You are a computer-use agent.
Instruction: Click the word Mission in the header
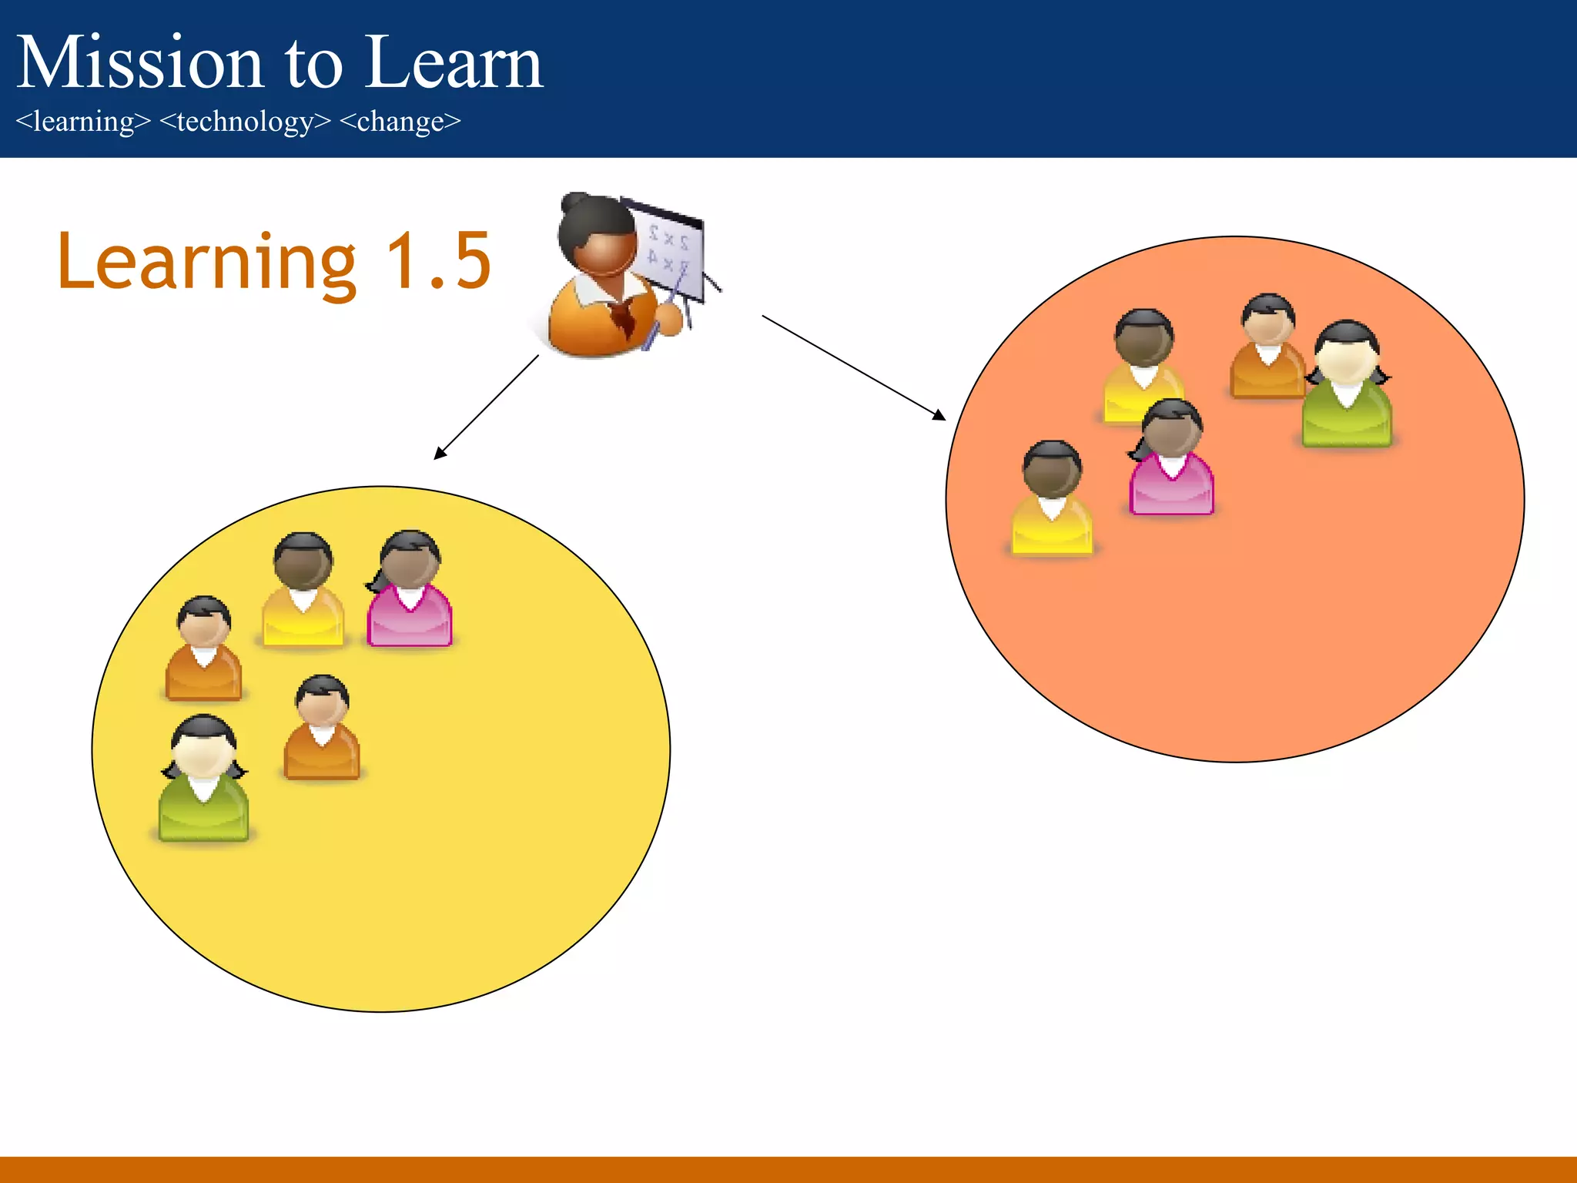[139, 63]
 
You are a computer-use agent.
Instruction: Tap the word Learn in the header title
[454, 63]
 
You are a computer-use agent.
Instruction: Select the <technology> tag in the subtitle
[245, 122]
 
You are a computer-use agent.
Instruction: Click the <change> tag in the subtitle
[400, 122]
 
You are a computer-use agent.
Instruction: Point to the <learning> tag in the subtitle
[83, 122]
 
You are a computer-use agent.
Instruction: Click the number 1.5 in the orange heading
[438, 262]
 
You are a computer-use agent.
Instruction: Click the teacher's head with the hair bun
[597, 235]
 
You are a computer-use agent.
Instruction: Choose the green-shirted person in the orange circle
[1346, 385]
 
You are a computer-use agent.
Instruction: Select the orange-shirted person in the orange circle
[1267, 347]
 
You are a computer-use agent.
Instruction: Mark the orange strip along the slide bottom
[788, 1169]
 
